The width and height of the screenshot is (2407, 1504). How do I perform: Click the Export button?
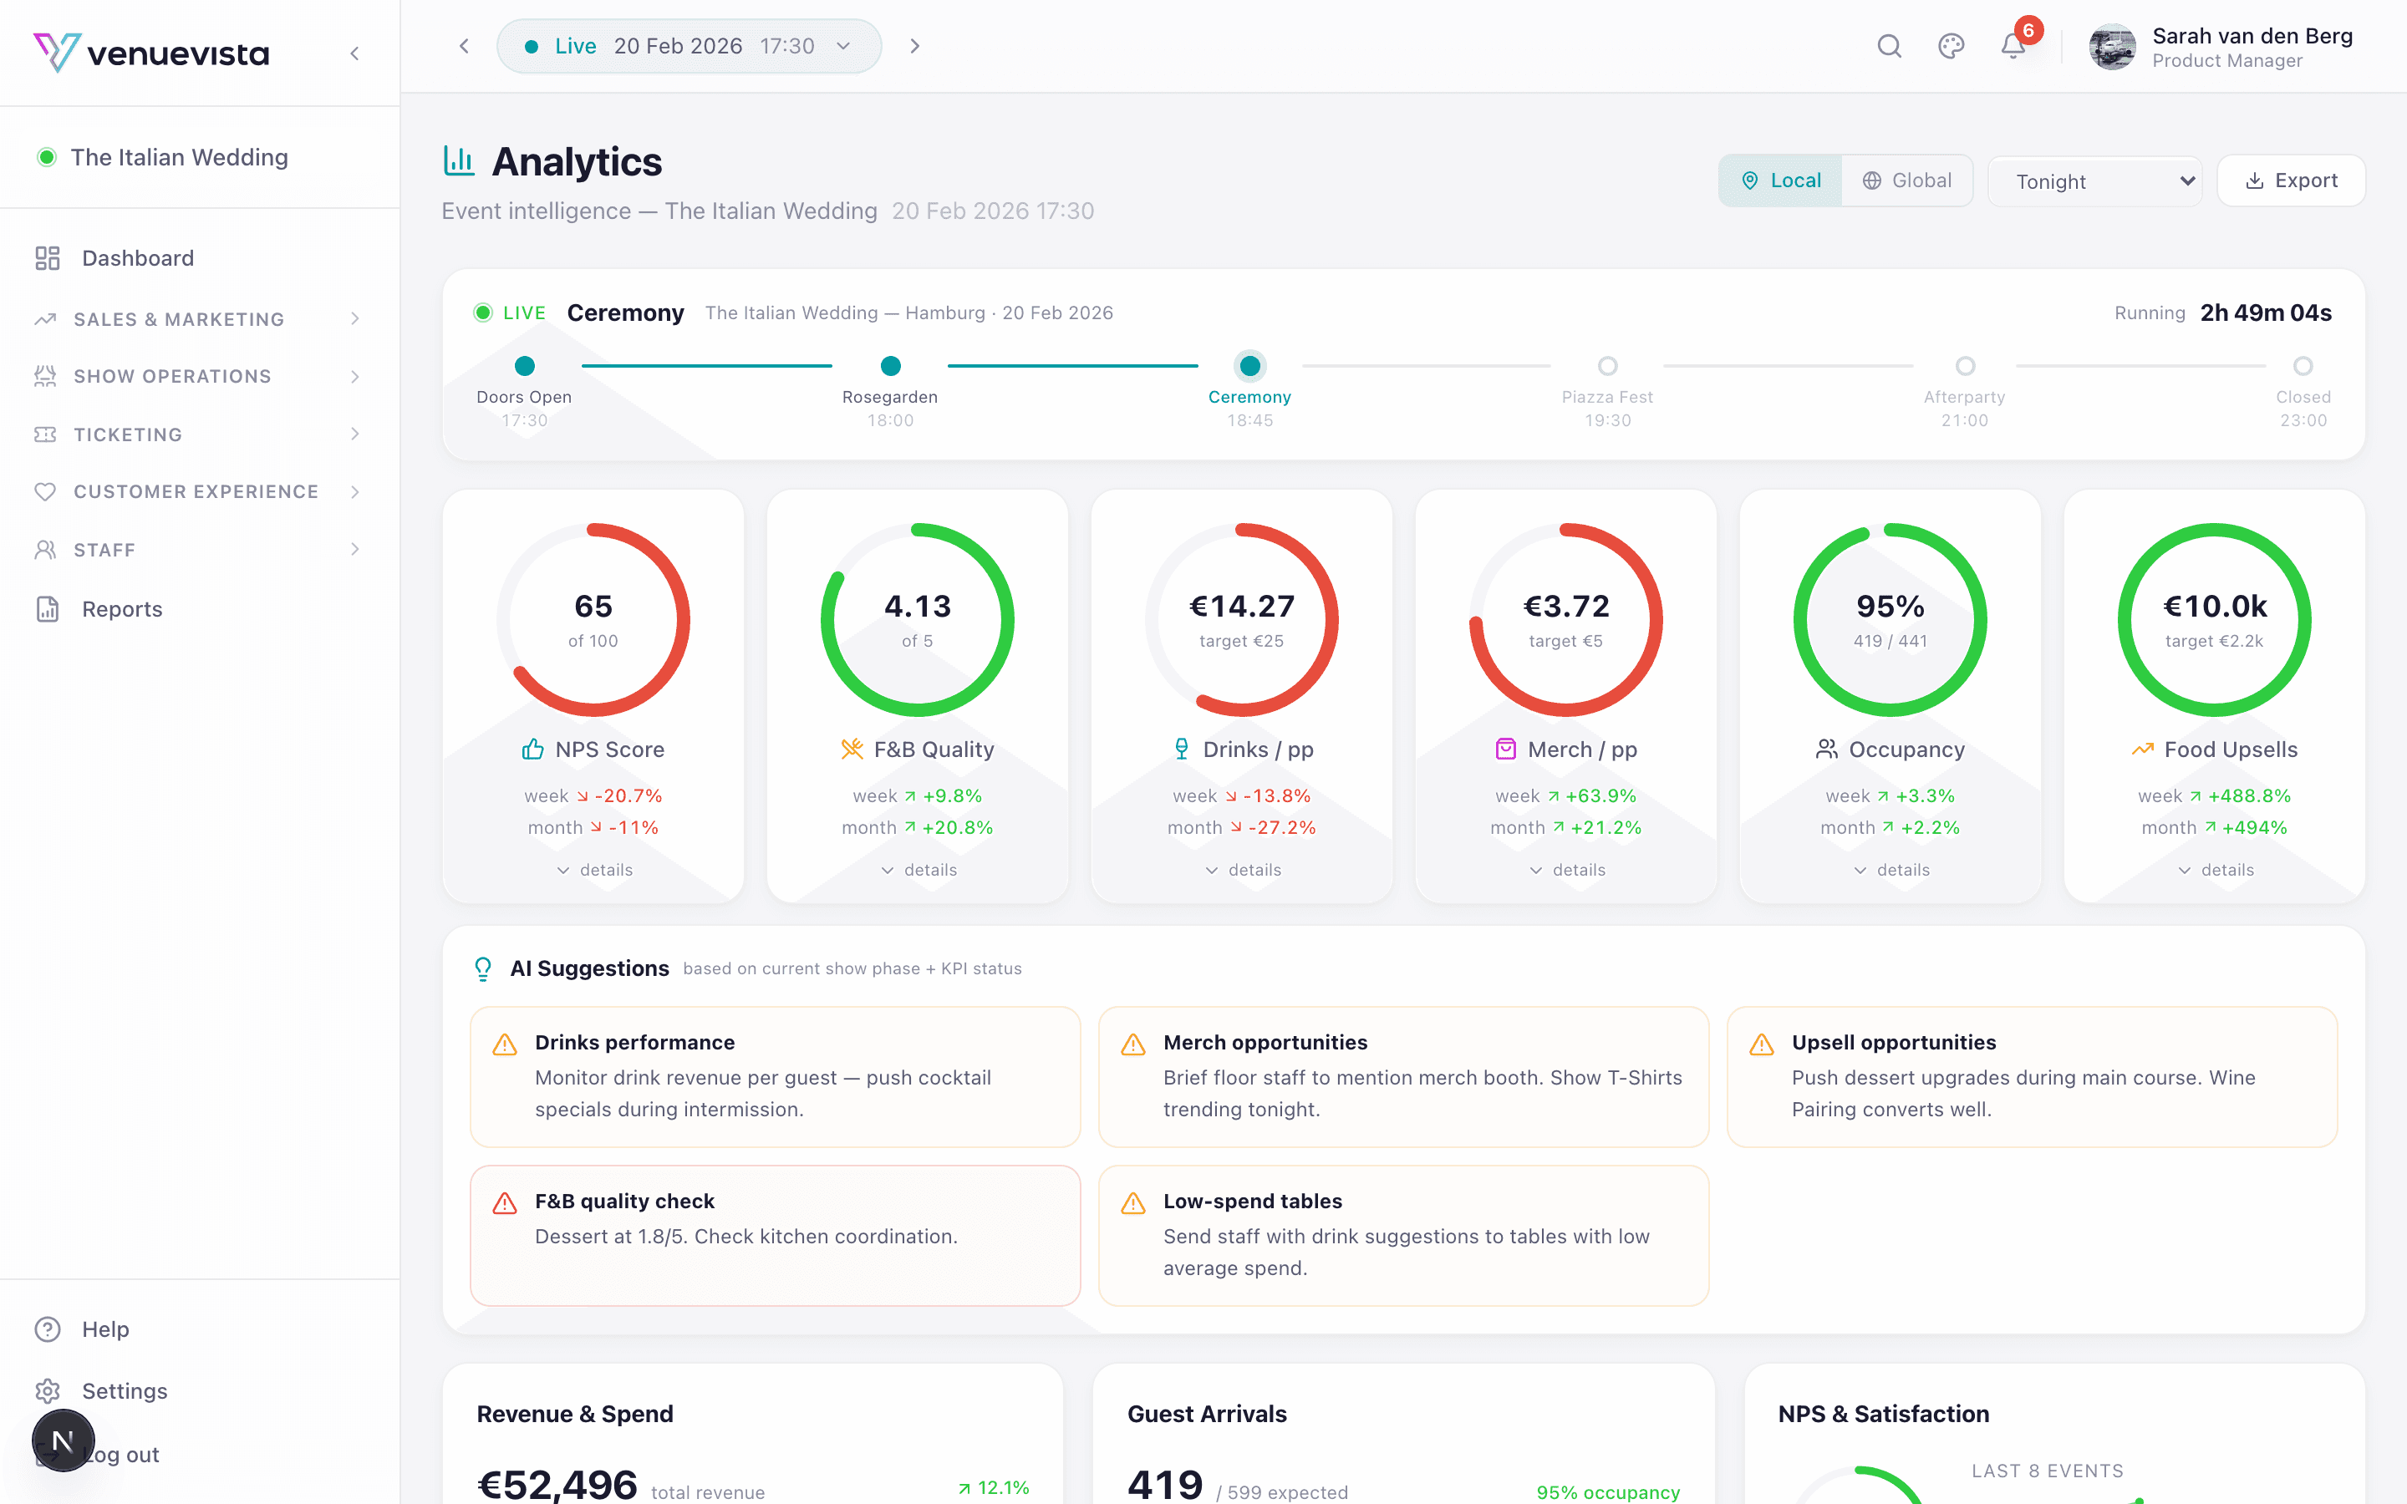point(2291,181)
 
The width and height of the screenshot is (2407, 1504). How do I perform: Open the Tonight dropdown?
point(2094,181)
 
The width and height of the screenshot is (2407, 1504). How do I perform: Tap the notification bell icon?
point(2013,46)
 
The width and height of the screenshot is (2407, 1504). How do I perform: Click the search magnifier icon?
point(1889,46)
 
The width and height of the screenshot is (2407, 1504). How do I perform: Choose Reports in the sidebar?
point(121,609)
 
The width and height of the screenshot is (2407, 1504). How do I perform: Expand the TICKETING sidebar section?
point(127,434)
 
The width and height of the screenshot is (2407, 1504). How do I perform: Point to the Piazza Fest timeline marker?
point(1607,366)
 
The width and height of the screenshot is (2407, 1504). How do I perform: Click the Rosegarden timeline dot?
point(890,366)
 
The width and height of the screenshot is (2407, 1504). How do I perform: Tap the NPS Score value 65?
point(593,606)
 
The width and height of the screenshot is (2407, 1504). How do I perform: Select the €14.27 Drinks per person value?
point(1241,606)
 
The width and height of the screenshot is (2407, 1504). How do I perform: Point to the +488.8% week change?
point(2249,795)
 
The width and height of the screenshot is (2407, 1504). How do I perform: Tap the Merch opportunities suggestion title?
point(1265,1043)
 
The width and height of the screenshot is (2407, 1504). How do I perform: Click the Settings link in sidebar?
point(125,1390)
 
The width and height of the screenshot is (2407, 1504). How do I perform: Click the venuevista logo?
point(151,53)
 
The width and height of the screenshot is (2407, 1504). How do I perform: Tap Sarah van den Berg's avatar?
point(2112,47)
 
